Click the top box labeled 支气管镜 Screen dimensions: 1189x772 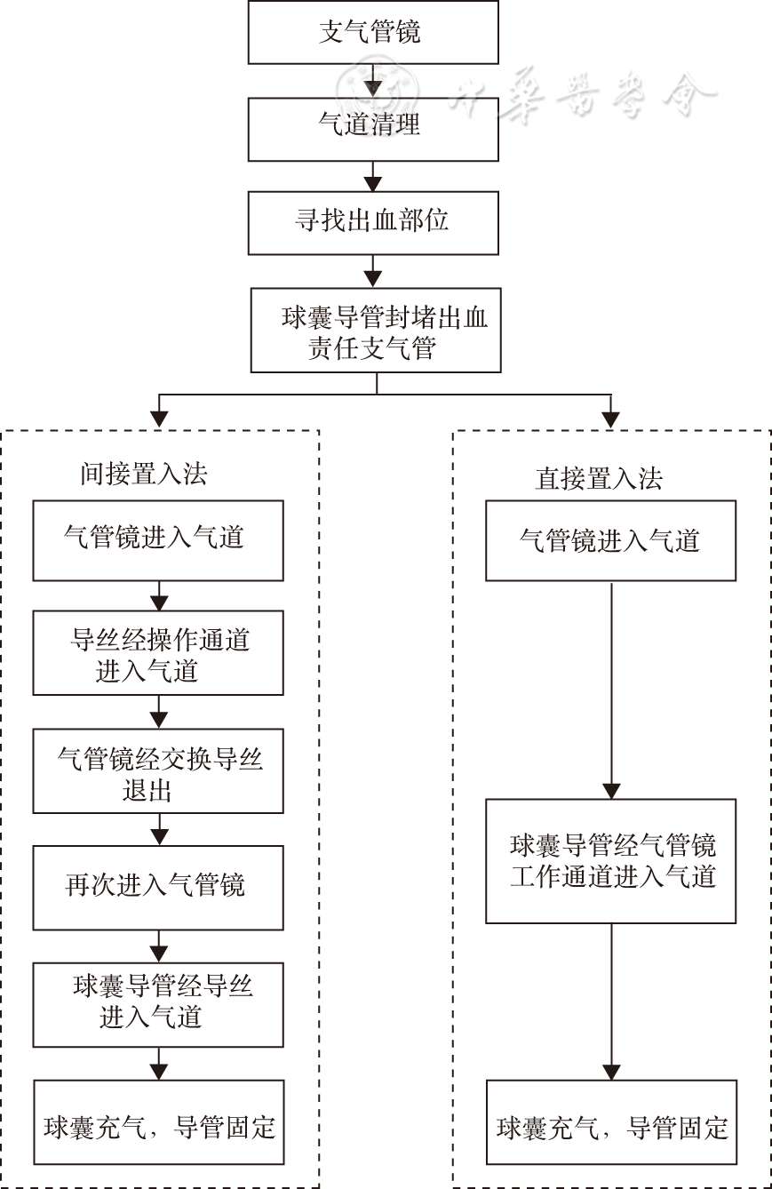[372, 32]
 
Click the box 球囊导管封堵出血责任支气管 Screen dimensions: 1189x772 [376, 331]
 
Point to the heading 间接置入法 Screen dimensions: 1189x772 [143, 474]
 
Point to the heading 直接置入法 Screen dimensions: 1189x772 [599, 479]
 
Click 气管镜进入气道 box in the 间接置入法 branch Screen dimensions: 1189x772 [158, 540]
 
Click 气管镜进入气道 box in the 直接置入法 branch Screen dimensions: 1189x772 [610, 540]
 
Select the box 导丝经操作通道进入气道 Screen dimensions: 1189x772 [158, 653]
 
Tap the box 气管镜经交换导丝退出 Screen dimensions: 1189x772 [158, 771]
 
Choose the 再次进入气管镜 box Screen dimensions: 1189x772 [158, 887]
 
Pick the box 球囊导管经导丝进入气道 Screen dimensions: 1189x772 [158, 1004]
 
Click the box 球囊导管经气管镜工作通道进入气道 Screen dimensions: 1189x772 [610, 860]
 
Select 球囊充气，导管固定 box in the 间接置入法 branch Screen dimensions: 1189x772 [158, 1122]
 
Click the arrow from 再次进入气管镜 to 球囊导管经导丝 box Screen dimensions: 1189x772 [159, 946]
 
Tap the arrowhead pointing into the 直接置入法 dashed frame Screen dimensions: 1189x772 [610, 419]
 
